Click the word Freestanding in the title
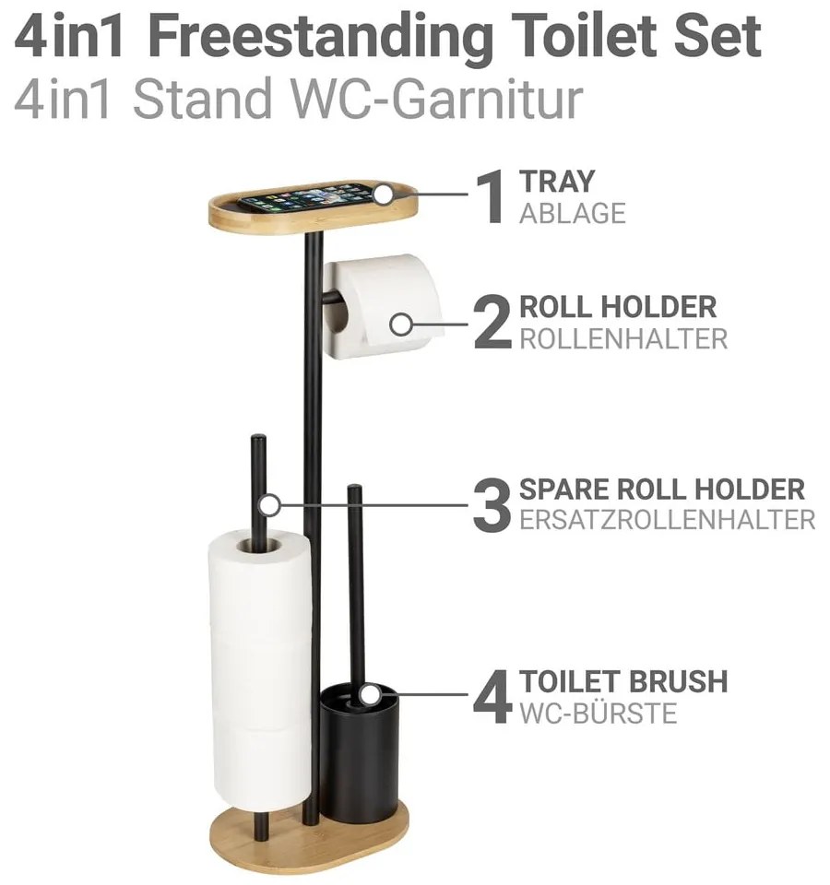point(321,40)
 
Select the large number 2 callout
point(492,323)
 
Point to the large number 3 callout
point(492,505)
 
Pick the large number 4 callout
point(492,698)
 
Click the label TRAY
point(557,182)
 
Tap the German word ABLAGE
point(573,213)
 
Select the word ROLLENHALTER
point(623,338)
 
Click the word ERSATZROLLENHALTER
point(668,520)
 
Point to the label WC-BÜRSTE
point(598,714)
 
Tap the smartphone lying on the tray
point(311,198)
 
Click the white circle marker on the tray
point(385,195)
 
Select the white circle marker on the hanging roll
point(401,324)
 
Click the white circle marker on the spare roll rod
point(270,505)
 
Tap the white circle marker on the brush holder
point(369,694)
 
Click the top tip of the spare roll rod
point(258,436)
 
